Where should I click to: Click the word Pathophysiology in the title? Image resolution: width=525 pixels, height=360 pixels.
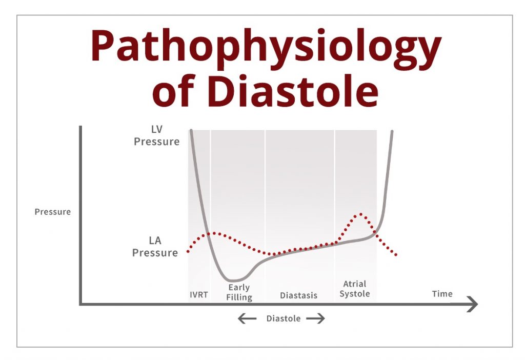pos(266,49)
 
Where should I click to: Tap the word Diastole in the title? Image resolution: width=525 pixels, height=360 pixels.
pos(293,90)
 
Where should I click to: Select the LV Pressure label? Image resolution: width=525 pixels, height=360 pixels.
pos(157,135)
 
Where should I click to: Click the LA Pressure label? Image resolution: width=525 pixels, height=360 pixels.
pos(155,246)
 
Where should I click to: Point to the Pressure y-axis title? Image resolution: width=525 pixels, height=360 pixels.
pos(53,212)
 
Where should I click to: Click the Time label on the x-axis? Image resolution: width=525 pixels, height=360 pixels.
pos(442,294)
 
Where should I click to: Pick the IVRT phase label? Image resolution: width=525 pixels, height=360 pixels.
pos(199,295)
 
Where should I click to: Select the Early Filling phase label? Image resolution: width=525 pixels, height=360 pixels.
pos(239,292)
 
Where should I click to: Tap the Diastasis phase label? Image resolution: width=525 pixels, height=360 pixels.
pos(299,295)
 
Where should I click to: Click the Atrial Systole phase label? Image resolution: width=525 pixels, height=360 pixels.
pos(355,289)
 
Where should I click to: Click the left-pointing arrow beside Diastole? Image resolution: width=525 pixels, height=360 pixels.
pos(247,318)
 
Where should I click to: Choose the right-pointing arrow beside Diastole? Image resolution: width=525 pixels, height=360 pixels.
pos(315,318)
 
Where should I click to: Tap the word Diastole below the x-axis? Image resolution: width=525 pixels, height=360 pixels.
pos(283,318)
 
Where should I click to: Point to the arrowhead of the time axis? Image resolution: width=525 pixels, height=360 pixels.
pos(477,305)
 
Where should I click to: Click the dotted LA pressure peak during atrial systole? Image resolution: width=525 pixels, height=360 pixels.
pos(360,213)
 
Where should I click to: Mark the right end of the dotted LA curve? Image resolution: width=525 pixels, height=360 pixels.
pos(396,255)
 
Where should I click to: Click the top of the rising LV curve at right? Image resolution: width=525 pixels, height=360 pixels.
pos(392,131)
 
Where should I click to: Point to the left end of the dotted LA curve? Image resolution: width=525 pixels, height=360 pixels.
pos(188,251)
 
